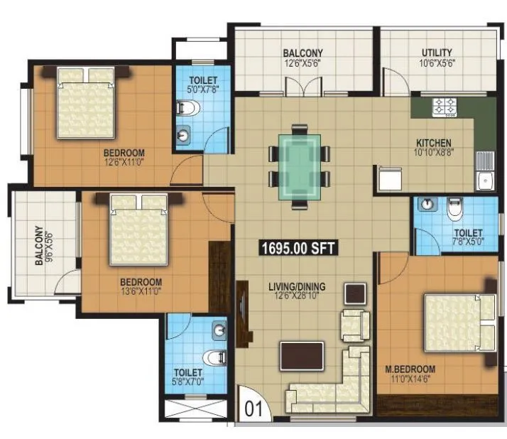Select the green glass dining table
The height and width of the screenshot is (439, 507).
pyautogui.click(x=299, y=165)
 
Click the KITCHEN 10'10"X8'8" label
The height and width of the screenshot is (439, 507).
pyautogui.click(x=433, y=146)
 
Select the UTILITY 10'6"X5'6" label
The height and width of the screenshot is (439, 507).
pyautogui.click(x=437, y=58)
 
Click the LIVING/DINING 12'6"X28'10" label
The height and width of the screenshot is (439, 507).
pyautogui.click(x=297, y=291)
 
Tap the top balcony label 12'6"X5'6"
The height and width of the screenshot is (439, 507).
pyautogui.click(x=303, y=58)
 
